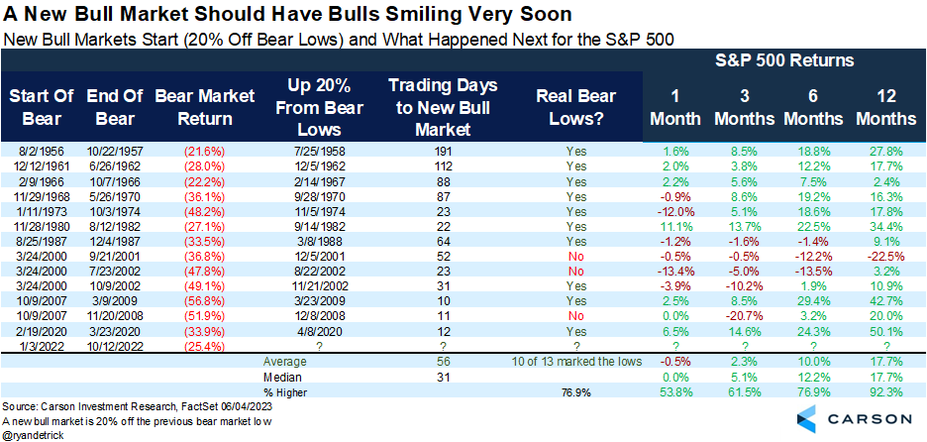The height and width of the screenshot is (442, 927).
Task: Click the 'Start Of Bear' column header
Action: tap(40, 107)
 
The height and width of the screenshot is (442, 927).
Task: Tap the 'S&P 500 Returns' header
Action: tap(784, 61)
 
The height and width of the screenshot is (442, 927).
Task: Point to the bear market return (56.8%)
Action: tap(193, 300)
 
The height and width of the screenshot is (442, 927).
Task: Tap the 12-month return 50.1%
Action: tap(886, 331)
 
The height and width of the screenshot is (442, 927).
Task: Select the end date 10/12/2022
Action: tap(116, 346)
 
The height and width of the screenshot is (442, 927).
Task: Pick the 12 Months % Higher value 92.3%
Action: tap(886, 392)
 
